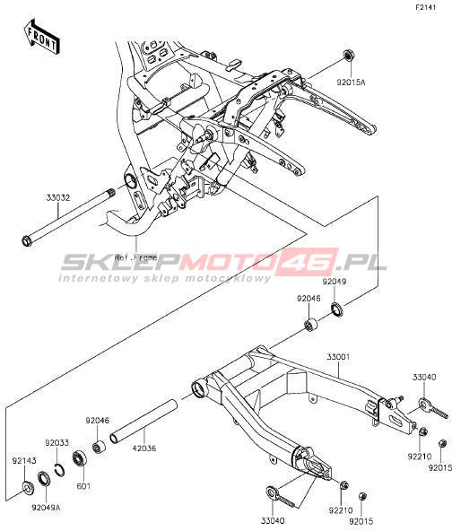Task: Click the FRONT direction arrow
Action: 41,37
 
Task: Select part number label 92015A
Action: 351,82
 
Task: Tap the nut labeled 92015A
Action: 348,56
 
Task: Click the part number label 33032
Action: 58,197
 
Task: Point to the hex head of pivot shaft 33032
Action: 26,241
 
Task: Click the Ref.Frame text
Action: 136,257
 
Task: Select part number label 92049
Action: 335,282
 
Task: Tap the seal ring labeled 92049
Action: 337,309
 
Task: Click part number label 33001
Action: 339,357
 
